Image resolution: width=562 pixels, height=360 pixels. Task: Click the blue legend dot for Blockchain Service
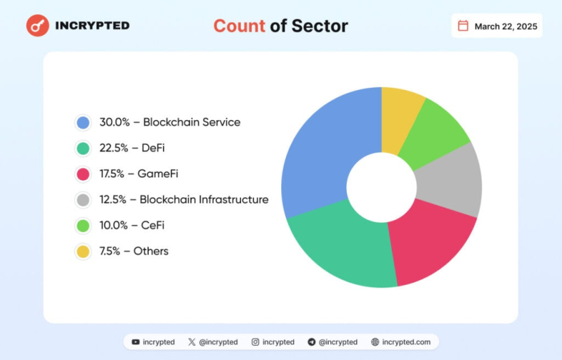(83, 122)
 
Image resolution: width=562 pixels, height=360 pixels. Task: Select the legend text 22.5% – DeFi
(131, 148)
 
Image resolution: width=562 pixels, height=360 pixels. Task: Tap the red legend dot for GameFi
(83, 174)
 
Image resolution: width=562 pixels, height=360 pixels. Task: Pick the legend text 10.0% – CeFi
(131, 225)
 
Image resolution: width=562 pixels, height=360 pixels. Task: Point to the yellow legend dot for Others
(83, 251)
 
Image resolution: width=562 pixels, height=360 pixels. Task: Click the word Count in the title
(239, 26)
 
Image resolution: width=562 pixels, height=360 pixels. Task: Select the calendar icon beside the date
(463, 26)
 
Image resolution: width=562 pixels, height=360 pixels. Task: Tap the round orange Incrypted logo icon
(37, 25)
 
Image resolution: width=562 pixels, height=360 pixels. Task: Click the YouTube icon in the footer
(136, 342)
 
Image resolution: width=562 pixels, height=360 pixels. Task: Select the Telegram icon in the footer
(311, 342)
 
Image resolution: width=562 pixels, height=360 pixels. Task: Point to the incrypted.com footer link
(407, 342)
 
